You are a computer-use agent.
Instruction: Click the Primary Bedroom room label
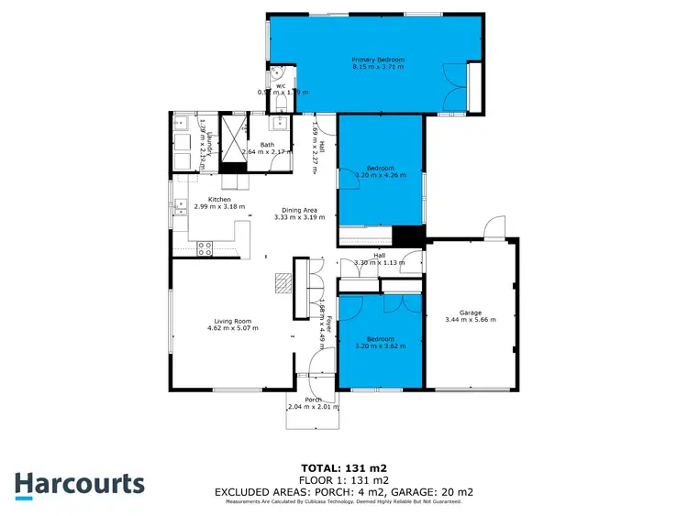tap(378, 60)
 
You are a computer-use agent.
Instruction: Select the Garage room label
tap(470, 313)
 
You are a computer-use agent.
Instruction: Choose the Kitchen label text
tap(218, 199)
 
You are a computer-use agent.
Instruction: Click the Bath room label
tap(267, 145)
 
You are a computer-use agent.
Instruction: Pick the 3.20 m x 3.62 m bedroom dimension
tap(381, 346)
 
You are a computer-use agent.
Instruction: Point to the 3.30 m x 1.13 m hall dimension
tap(379, 263)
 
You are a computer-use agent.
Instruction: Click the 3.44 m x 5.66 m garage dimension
tap(470, 320)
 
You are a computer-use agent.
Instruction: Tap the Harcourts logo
tap(80, 484)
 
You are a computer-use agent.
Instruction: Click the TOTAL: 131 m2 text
tap(344, 467)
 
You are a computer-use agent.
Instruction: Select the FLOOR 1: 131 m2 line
tap(344, 479)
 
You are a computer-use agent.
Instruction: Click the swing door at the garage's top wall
tap(494, 227)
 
